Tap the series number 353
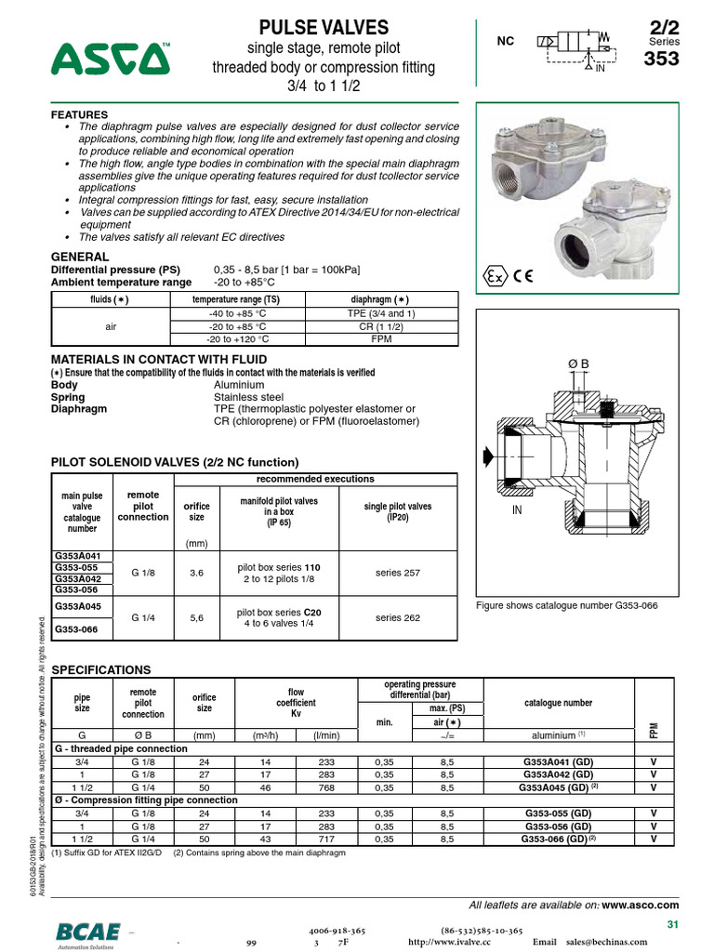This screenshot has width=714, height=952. pyautogui.click(x=662, y=59)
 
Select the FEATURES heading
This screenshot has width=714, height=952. pyautogui.click(x=79, y=114)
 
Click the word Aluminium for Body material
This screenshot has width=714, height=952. pyautogui.click(x=239, y=384)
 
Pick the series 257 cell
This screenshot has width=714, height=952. pyautogui.click(x=397, y=573)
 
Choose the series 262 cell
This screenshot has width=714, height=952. pyautogui.click(x=397, y=617)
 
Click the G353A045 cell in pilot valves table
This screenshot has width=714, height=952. pyautogui.click(x=77, y=606)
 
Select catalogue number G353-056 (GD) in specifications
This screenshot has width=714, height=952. pyautogui.click(x=558, y=826)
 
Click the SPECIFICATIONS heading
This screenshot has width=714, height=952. pyautogui.click(x=100, y=669)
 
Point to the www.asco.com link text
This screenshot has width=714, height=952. pyautogui.click(x=641, y=905)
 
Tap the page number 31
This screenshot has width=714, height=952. pyautogui.click(x=674, y=923)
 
